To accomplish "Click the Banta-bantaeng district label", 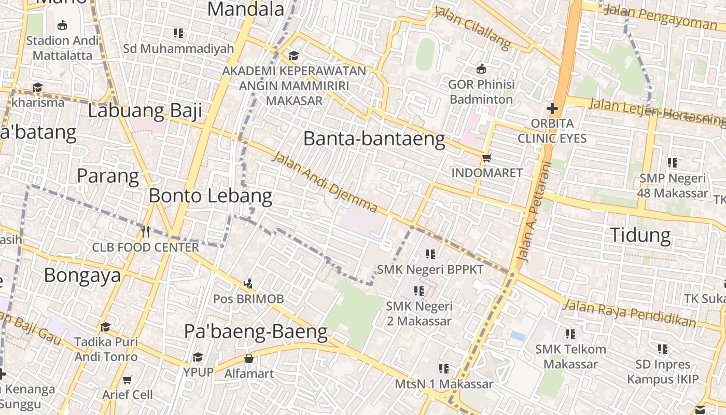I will click(374, 139).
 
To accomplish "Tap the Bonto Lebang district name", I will click(210, 196).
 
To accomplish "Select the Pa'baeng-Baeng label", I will click(256, 331).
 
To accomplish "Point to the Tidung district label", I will click(640, 235).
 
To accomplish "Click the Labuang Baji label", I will click(145, 111).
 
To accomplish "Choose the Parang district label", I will click(108, 176).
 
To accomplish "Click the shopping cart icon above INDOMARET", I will click(486, 158).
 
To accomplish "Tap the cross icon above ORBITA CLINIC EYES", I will click(552, 109).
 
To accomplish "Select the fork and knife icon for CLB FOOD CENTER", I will click(145, 232).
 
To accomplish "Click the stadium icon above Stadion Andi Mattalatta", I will click(62, 25).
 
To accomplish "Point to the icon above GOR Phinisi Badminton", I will click(481, 68).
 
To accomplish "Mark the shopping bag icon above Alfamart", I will click(249, 358).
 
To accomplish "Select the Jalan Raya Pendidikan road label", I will click(630, 313).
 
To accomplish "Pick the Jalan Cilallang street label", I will click(472, 27).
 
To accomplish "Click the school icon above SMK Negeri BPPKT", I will click(430, 254).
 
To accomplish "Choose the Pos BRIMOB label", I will click(248, 299).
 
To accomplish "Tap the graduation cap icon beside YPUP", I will click(198, 357).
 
